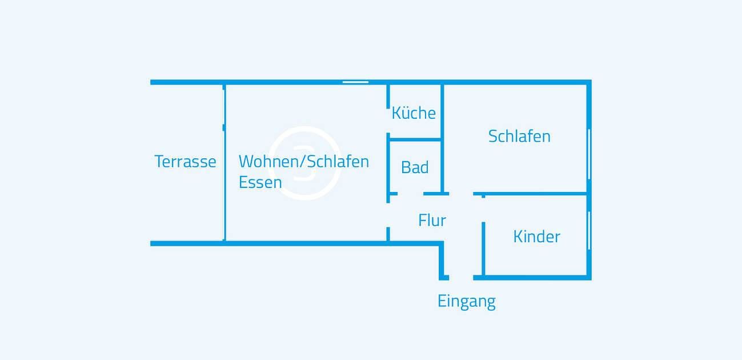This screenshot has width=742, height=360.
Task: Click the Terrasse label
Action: [x=185, y=162]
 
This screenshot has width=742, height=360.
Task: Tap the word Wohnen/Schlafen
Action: [x=303, y=162]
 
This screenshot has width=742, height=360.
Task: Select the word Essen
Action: [x=260, y=182]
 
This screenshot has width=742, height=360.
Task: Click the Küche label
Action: [x=414, y=113]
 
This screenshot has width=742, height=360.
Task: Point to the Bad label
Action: [x=415, y=167]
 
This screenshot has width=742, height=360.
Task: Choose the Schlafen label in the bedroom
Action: [x=519, y=137]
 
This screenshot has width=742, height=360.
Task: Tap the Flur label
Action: [x=432, y=221]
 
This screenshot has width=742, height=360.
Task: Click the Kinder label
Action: [x=536, y=237]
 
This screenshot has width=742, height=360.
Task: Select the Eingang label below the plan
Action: [x=466, y=301]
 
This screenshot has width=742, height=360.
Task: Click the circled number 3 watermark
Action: [x=304, y=163]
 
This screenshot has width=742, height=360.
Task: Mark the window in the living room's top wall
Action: [x=355, y=82]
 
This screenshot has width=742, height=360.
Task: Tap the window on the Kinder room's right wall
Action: [x=589, y=230]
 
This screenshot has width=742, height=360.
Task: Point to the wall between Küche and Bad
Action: [x=415, y=139]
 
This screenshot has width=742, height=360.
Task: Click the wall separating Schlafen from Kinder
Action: [x=536, y=194]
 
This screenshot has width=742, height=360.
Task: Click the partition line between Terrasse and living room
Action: [x=224, y=163]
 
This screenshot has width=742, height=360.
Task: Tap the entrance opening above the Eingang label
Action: [x=461, y=277]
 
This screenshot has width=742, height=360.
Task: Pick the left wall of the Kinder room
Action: [x=483, y=249]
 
